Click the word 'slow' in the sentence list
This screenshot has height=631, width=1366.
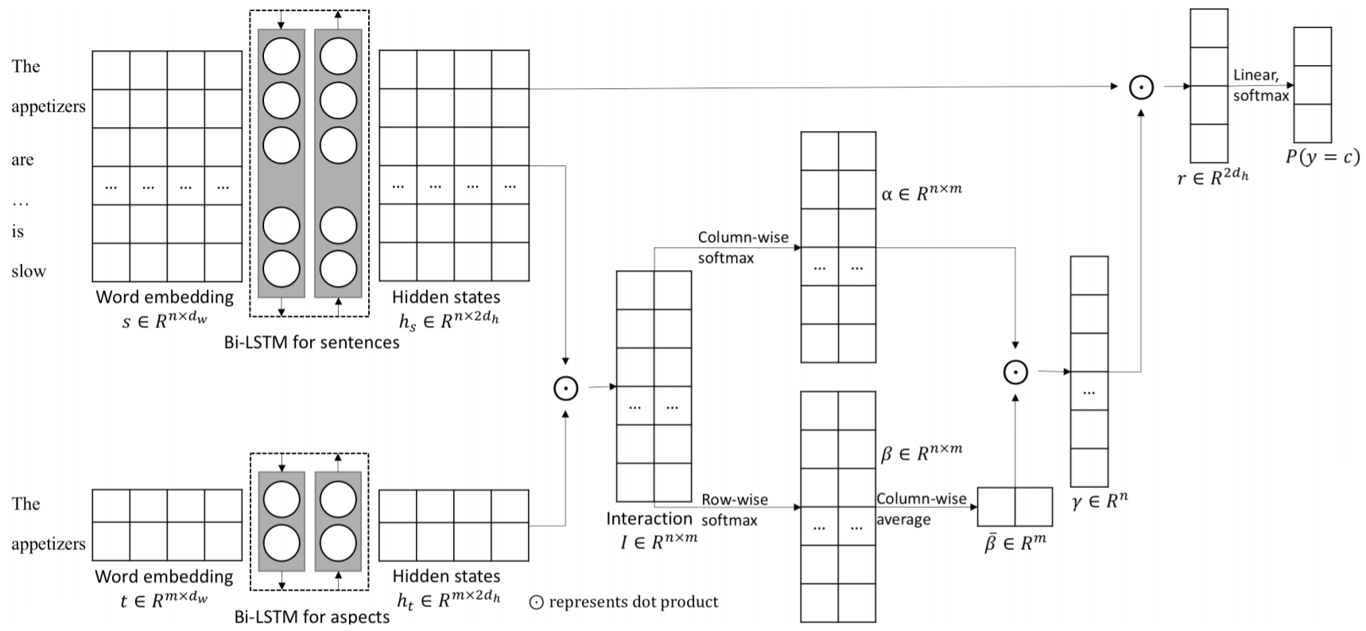[29, 271]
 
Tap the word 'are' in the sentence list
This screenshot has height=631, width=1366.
[22, 159]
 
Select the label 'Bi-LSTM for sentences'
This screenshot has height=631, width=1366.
[312, 343]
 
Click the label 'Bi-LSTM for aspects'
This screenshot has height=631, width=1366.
[312, 617]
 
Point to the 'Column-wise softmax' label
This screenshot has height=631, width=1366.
[743, 247]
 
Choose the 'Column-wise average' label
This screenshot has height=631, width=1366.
[921, 509]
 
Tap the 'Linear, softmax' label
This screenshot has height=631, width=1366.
[1260, 85]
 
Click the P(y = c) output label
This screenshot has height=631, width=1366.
[1322, 157]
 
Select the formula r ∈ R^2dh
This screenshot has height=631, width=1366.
[1213, 177]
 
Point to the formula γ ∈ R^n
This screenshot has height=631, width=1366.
[1100, 501]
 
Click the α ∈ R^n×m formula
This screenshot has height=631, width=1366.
[922, 192]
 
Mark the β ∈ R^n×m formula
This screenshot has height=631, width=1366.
[921, 453]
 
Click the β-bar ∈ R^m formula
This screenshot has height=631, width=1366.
[1015, 544]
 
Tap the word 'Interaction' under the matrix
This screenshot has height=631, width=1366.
[649, 519]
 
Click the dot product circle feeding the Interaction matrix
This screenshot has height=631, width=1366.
[565, 388]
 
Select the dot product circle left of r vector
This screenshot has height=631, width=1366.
[1141, 87]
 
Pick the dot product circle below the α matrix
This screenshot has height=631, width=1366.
[1015, 372]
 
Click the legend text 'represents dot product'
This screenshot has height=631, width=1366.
[633, 602]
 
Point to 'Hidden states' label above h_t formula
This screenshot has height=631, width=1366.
[446, 575]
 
